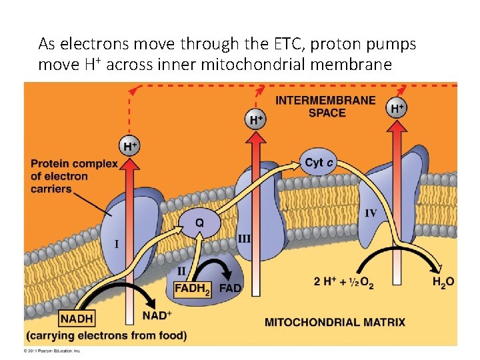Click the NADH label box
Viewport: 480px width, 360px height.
tap(77, 319)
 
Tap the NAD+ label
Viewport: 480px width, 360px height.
tap(157, 315)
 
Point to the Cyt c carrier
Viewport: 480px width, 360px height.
tap(319, 163)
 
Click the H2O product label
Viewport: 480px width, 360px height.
tap(443, 282)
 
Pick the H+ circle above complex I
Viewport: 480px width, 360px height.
tap(130, 145)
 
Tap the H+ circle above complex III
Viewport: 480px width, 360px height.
tap(256, 120)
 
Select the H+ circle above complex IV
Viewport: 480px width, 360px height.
tap(397, 108)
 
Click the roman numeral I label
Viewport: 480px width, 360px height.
tap(117, 244)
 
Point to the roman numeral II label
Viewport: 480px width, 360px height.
tap(181, 271)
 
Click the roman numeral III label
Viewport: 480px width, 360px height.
tap(245, 238)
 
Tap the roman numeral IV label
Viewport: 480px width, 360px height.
tap(371, 213)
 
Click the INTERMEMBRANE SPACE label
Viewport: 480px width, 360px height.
tap(325, 107)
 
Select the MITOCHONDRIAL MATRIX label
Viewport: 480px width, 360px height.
tap(335, 323)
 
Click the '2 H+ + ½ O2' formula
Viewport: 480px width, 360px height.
tap(343, 283)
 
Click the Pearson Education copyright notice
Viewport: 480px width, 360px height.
tap(52, 350)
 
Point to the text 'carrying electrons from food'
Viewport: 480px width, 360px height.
tap(107, 335)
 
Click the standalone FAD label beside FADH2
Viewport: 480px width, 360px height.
tap(231, 289)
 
